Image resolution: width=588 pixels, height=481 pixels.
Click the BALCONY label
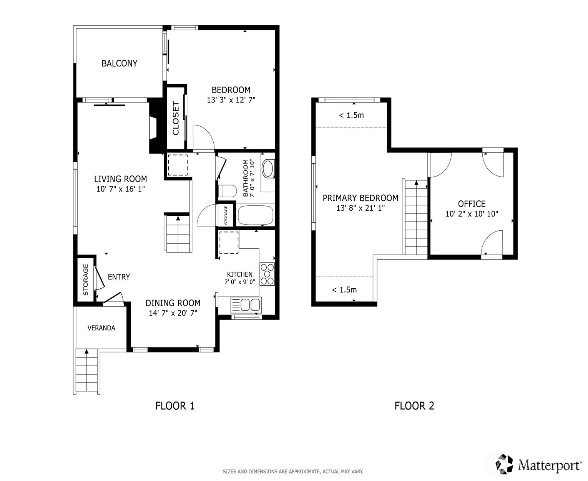[119, 63]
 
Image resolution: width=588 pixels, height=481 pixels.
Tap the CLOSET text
[176, 118]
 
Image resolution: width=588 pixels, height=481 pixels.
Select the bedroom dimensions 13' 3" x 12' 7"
[231, 100]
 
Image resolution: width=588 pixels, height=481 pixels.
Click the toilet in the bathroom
[227, 191]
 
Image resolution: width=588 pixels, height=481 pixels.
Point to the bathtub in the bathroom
[256, 215]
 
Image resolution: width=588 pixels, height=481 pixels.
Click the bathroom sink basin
[268, 168]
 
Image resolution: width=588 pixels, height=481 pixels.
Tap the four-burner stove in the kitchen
[267, 274]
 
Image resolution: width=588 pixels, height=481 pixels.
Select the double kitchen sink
[246, 305]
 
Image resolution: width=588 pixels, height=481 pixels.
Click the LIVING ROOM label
[120, 179]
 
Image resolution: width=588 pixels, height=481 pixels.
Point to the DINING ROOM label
[173, 303]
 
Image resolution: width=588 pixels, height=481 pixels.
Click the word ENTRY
[119, 277]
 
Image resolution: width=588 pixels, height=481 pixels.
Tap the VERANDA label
[101, 328]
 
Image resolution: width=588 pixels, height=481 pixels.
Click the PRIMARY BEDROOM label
[360, 198]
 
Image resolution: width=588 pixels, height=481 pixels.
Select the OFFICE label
[472, 204]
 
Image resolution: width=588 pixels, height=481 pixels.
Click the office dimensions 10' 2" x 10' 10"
[472, 214]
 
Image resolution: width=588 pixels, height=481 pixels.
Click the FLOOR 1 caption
[175, 406]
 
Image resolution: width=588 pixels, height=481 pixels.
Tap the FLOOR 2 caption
[414, 406]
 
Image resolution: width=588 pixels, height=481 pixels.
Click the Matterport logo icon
[504, 464]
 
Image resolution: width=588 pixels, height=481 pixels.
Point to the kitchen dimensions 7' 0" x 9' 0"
[240, 282]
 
